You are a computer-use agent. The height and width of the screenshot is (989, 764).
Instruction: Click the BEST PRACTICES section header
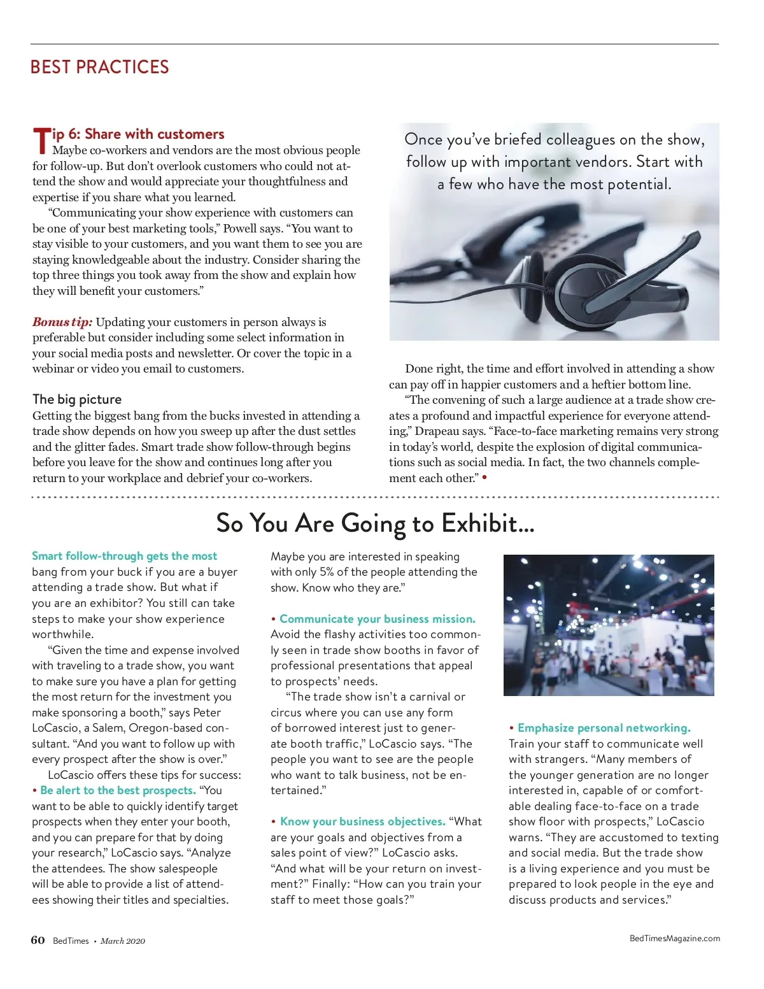[99, 67]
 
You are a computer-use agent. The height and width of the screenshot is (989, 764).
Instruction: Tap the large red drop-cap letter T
[41, 140]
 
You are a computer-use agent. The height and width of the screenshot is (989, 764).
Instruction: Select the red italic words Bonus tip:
[62, 322]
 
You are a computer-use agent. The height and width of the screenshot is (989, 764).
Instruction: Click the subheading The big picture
[77, 399]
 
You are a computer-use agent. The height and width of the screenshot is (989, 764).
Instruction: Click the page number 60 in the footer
[38, 940]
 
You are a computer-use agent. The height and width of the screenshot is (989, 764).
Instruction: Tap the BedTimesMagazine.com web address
[674, 938]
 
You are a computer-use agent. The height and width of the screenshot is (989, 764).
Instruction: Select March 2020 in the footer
[122, 941]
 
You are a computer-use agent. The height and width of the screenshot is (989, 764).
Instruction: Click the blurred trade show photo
[608, 625]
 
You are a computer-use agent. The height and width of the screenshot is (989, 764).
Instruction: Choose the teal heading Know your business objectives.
[362, 822]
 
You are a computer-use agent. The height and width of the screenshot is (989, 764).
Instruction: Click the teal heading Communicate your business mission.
[377, 619]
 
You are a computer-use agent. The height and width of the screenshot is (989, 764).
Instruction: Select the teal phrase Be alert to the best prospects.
[118, 790]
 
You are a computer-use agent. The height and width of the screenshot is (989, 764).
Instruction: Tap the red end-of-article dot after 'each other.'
[485, 477]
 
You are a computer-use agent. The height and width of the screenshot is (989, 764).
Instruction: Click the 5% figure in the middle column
[327, 572]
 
